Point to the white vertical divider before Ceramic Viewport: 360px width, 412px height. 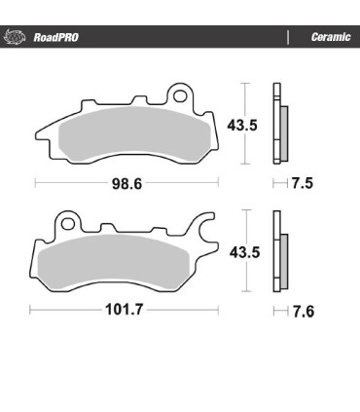(x=288, y=38)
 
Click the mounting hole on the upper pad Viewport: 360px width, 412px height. (x=178, y=96)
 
